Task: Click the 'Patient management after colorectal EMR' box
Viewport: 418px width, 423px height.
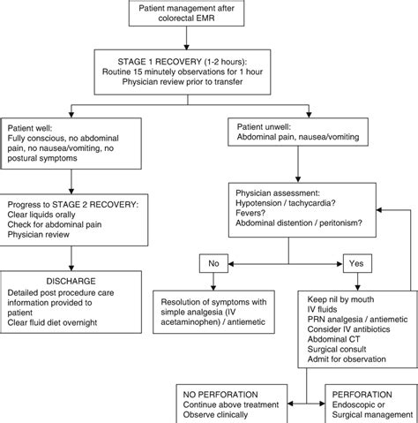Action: click(x=209, y=14)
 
